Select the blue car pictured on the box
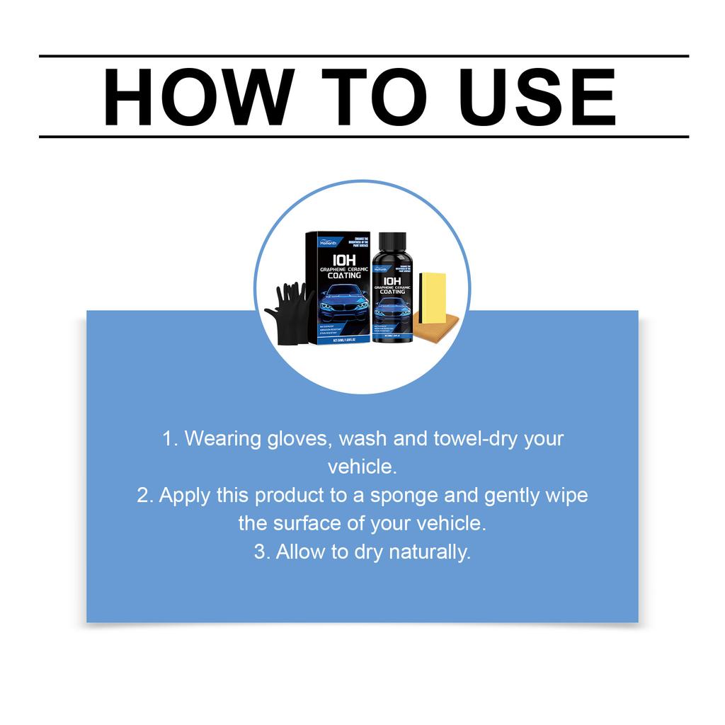(x=344, y=300)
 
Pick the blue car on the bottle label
(x=392, y=307)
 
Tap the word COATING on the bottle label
(x=392, y=291)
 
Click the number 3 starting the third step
(x=261, y=552)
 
